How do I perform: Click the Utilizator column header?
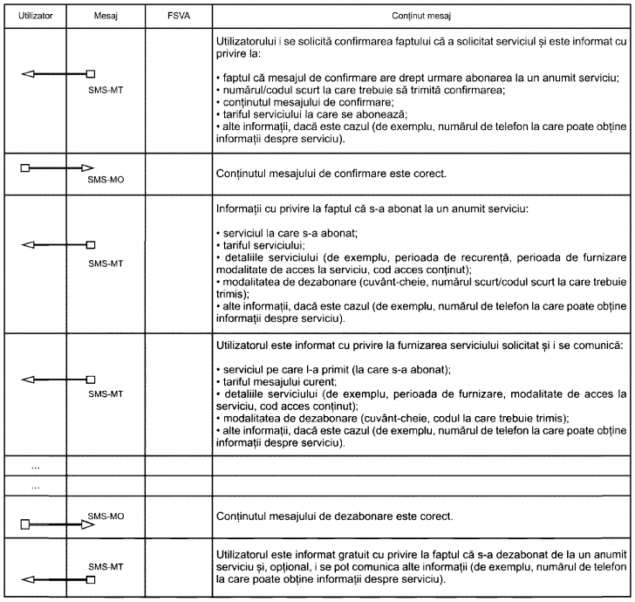[34, 17]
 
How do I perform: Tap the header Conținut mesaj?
[420, 17]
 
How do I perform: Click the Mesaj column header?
[105, 17]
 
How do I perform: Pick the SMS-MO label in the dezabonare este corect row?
[106, 516]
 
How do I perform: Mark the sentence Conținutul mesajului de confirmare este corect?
[331, 173]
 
